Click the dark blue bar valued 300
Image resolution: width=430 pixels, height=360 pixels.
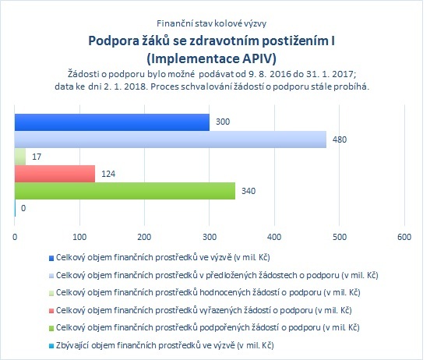(112, 122)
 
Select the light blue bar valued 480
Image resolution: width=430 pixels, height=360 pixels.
(171, 139)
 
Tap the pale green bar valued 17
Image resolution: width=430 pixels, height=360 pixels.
(20, 157)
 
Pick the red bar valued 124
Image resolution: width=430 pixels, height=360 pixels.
(55, 174)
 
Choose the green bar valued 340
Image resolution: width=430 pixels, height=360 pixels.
(125, 191)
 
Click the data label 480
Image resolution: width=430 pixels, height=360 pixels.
(340, 139)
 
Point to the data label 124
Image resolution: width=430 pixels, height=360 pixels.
(108, 174)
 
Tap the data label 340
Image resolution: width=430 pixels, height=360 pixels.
(248, 191)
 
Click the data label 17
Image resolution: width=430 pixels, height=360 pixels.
(37, 157)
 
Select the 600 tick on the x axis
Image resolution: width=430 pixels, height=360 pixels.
(404, 237)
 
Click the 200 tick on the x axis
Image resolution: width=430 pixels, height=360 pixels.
(145, 237)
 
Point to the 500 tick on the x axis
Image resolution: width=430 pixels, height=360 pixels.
(340, 237)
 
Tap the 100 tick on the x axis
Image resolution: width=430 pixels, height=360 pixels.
(79, 237)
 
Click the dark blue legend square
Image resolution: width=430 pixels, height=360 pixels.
(51, 258)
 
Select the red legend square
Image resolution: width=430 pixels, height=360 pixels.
(51, 311)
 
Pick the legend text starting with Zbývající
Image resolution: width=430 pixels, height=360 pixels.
(165, 345)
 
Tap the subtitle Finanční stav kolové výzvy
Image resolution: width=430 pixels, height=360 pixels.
(211, 23)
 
